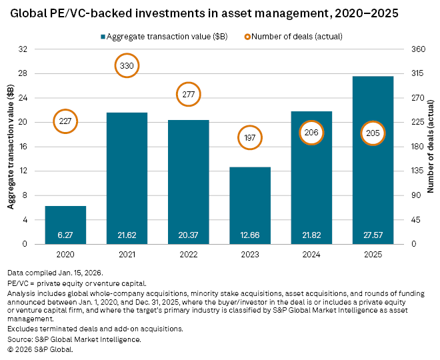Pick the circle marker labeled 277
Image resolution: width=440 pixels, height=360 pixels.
pos(189,94)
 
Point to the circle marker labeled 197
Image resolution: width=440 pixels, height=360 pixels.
pos(250,137)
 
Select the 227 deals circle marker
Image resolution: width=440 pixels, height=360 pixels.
pos(65,121)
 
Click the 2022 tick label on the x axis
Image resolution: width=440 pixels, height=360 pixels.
pos(189,254)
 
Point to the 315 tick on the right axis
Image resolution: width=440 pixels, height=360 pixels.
pos(417,74)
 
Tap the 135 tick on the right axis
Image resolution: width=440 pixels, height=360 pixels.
pos(417,171)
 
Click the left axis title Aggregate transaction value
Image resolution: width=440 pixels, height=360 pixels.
pos(11,147)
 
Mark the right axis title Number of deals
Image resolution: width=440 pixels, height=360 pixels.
pos(431,147)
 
